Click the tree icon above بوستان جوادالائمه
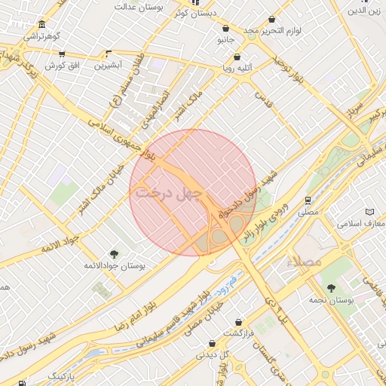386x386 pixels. pyautogui.click(x=115, y=254)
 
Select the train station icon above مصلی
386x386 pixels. pyautogui.click(x=308, y=201)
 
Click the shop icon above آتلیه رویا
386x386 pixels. pyautogui.click(x=237, y=57)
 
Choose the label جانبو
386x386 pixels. pyautogui.click(x=226, y=38)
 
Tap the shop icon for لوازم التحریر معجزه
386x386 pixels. pyautogui.click(x=271, y=20)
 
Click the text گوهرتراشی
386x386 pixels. pyautogui.click(x=41, y=36)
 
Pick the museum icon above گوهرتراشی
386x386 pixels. pyautogui.click(x=41, y=24)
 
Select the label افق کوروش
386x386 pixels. pyautogui.click(x=62, y=66)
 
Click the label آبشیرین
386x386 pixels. pyautogui.click(x=109, y=66)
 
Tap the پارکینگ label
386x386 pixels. pyautogui.click(x=67, y=375)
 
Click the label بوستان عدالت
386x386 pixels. pyautogui.click(x=139, y=7)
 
